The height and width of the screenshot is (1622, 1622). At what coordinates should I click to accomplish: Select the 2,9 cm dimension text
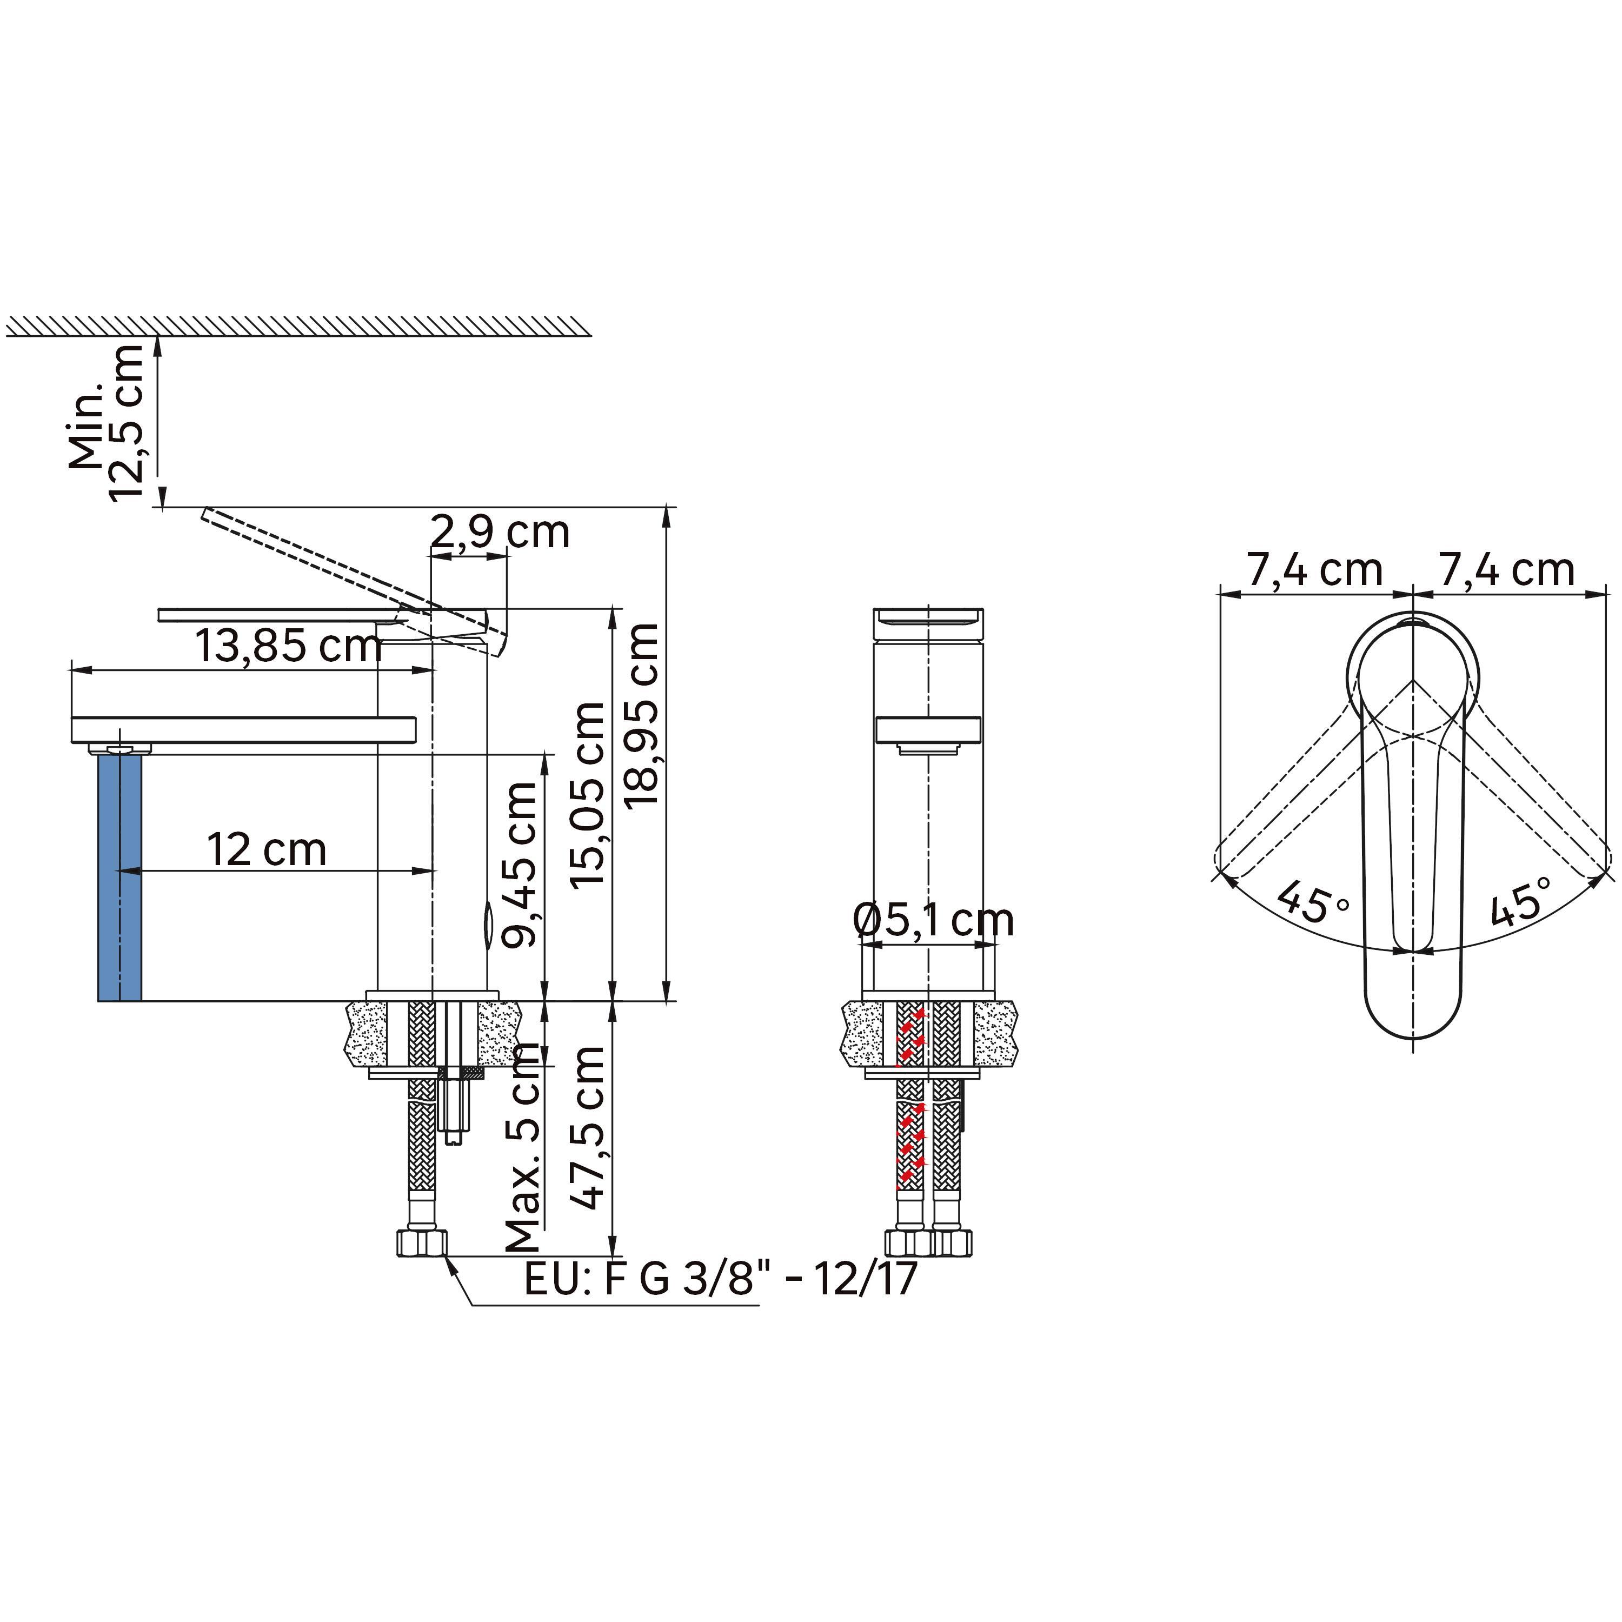point(500,531)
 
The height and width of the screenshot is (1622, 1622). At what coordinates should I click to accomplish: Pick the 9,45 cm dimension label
point(520,864)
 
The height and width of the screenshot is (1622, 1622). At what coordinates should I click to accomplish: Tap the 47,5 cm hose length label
point(588,1127)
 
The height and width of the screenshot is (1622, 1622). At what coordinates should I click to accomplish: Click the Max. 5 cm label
point(522,1147)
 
